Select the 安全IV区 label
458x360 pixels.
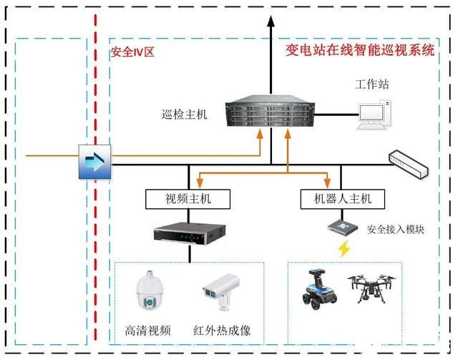[132, 52]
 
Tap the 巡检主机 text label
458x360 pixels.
[184, 114]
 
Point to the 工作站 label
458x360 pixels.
[372, 84]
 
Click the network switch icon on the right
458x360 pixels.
[409, 164]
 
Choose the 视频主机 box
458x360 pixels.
[188, 198]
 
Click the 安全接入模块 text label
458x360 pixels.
[396, 230]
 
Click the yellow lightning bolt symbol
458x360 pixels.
[344, 249]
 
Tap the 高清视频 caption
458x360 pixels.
[147, 331]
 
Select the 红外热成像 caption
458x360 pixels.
[222, 331]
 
